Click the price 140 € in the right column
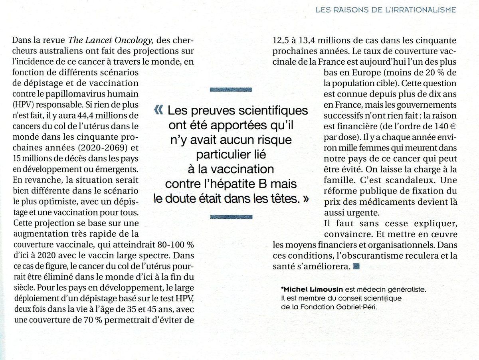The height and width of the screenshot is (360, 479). click(442, 127)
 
